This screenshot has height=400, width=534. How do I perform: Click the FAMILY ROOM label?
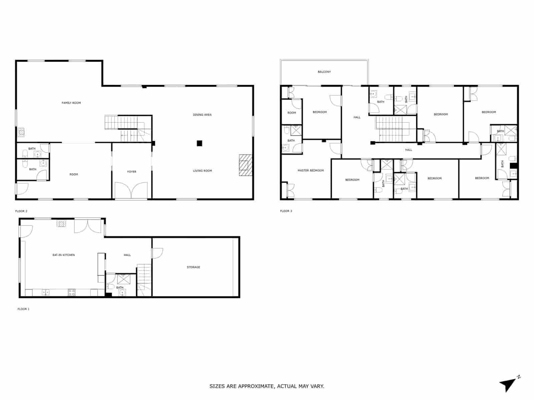[x=71, y=103]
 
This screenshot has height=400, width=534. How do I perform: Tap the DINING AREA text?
[x=202, y=115]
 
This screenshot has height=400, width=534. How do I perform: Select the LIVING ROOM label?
[x=202, y=171]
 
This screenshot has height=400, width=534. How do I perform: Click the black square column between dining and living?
[x=199, y=143]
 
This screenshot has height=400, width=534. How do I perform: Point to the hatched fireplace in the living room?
[x=245, y=165]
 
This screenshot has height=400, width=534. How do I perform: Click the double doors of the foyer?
[x=131, y=191]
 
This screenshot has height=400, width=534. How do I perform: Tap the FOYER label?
[x=131, y=172]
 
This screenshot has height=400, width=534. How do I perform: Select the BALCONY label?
[x=324, y=72]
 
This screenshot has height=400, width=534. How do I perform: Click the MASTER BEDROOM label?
[x=310, y=171]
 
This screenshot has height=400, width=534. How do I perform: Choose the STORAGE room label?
[x=193, y=267]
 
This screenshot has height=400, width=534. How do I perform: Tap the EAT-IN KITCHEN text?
[x=63, y=255]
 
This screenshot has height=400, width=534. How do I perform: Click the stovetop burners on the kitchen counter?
[x=71, y=293]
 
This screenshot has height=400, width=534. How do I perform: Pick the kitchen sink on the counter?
[x=45, y=293]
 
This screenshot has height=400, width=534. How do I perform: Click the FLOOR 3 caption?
[x=286, y=211]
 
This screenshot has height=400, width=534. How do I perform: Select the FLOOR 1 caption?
[x=23, y=309]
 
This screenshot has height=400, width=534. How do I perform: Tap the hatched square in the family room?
[x=21, y=133]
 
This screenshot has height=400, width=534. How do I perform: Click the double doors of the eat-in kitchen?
[x=87, y=226]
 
